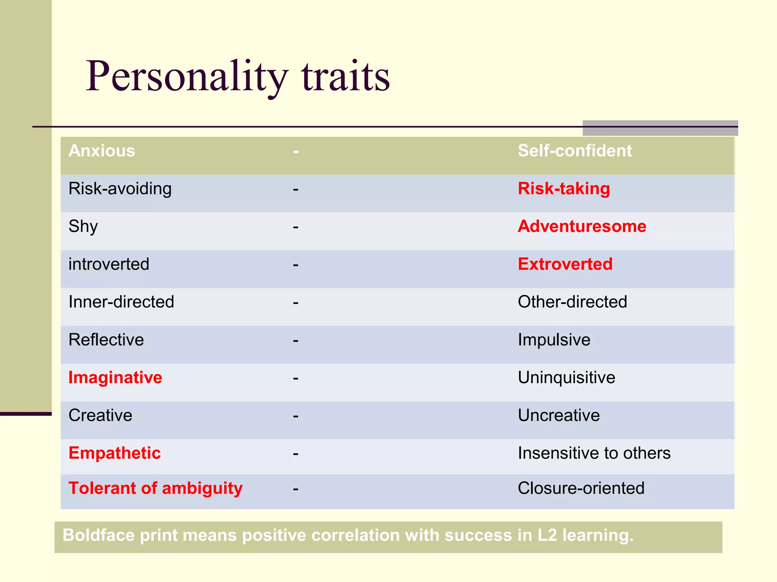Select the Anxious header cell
102,151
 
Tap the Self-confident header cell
574,151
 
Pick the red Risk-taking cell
564,189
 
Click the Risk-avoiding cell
120,189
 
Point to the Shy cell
83,227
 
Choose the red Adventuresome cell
582,227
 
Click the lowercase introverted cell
109,264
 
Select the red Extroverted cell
565,264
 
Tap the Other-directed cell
572,302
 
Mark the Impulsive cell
554,340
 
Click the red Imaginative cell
115,378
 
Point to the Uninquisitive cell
566,378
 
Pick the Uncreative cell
558,415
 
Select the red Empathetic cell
115,453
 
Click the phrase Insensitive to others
594,453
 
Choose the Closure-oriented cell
581,488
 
